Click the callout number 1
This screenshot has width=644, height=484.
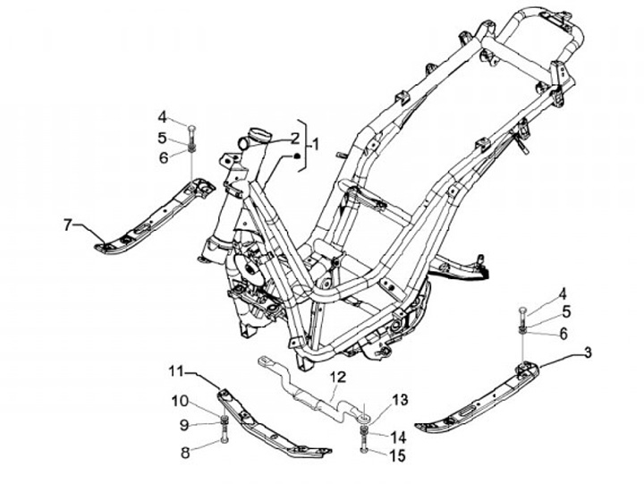314,143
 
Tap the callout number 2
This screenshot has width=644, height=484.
292,138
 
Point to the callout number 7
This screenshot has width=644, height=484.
67,225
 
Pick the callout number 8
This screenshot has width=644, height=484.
186,453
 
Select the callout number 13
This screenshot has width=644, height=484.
399,399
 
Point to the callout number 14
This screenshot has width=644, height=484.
399,437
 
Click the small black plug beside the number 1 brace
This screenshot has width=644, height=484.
292,157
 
